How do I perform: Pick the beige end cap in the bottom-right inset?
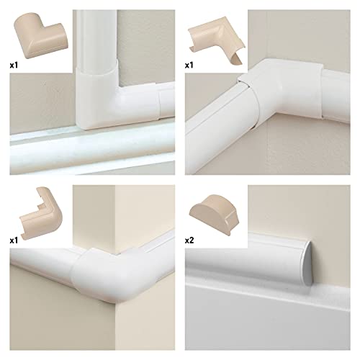(215, 214)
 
